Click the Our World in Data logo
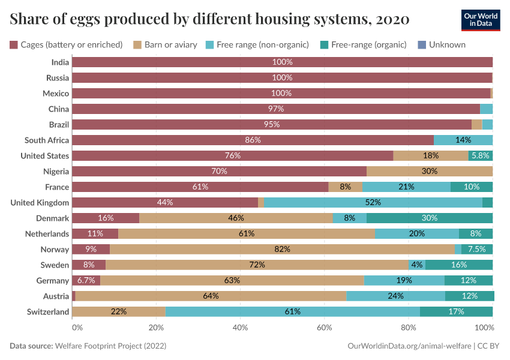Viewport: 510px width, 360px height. [x=481, y=20]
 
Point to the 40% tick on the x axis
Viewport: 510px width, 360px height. [x=240, y=328]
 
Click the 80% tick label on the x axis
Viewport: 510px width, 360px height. [x=408, y=328]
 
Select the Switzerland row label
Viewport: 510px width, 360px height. [x=48, y=311]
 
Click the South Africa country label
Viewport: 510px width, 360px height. [x=47, y=140]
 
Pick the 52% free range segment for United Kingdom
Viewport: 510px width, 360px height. [x=373, y=202]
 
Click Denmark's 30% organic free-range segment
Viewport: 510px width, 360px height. [x=429, y=218]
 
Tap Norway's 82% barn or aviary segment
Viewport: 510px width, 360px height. [x=282, y=249]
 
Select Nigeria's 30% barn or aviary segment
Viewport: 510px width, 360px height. [x=429, y=171]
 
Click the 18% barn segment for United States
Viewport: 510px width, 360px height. [x=430, y=155]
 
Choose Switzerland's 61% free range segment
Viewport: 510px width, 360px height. [x=292, y=311]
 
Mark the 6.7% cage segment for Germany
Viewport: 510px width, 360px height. [x=86, y=280]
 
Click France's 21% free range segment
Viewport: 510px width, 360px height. [x=406, y=187]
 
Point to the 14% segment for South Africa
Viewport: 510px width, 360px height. [x=463, y=140]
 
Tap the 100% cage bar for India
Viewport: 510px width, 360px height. [x=282, y=62]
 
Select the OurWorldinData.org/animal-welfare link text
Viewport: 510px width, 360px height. [x=409, y=346]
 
